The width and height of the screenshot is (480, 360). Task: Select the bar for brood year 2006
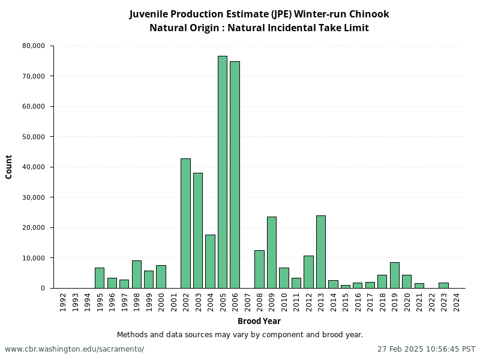(235, 175)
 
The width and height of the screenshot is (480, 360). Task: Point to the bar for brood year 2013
(321, 251)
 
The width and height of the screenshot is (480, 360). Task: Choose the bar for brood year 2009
(272, 252)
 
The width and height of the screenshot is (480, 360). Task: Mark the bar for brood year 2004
(210, 261)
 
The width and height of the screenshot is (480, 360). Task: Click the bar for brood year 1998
(136, 274)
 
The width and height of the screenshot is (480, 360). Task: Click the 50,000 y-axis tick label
(34, 137)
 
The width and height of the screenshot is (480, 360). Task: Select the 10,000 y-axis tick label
(34, 258)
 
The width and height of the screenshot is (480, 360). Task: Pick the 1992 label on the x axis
(63, 302)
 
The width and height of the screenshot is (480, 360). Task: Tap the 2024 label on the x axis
(457, 302)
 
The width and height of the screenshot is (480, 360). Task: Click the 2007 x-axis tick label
(247, 302)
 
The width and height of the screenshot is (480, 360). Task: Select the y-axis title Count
(9, 167)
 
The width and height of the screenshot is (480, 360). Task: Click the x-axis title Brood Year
(259, 321)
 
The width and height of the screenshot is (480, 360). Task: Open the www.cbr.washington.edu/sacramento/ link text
(74, 349)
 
